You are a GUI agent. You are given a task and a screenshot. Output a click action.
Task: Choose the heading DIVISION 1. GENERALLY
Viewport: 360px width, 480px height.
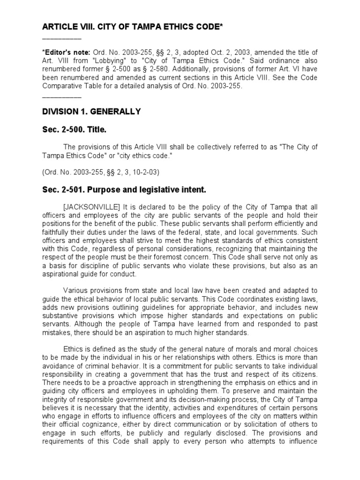pyautogui.click(x=91, y=112)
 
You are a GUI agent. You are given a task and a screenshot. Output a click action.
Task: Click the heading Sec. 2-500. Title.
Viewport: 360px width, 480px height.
pyautogui.click(x=78, y=129)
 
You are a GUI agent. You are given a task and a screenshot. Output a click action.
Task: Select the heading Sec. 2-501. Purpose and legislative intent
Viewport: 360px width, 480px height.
pyautogui.click(x=124, y=190)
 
